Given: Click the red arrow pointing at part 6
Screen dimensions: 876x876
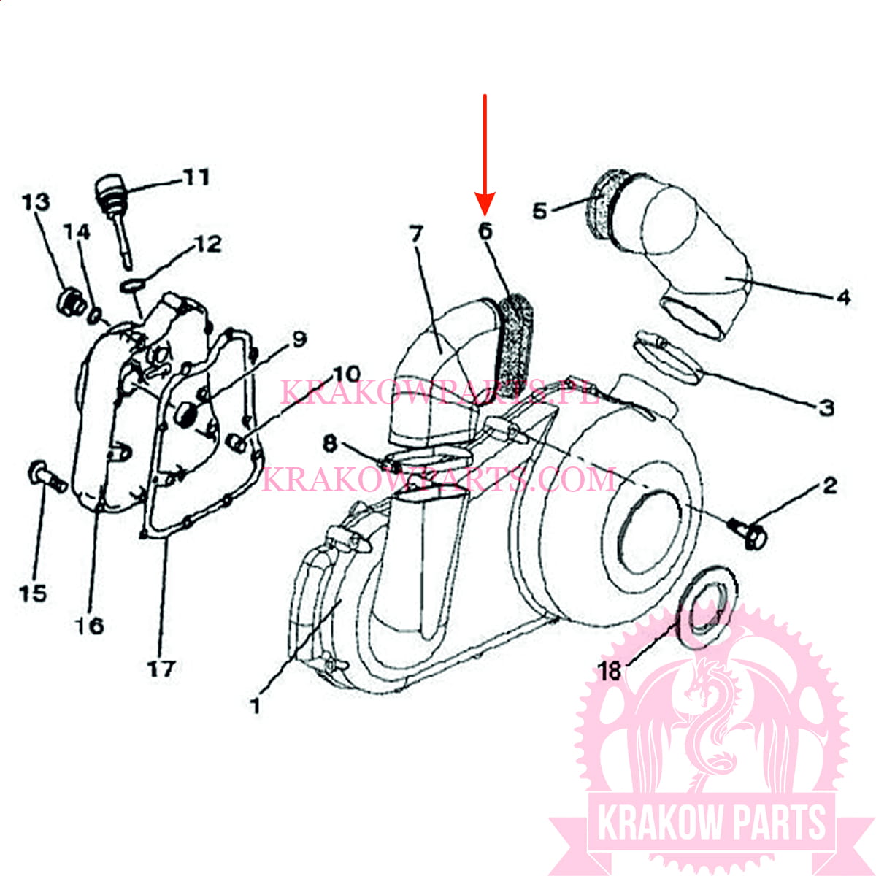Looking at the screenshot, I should click(485, 153).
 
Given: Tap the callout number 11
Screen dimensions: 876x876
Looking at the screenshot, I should click(196, 177).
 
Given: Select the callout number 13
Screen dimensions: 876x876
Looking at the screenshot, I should click(36, 202).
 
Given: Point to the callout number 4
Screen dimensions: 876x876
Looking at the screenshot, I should click(843, 297).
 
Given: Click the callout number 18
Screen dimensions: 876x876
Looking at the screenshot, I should click(610, 670).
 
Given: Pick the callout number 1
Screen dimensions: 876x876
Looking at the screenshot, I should click(255, 706).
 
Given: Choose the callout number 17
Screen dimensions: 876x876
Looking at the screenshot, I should click(161, 668).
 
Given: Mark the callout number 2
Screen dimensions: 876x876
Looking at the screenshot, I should click(830, 485).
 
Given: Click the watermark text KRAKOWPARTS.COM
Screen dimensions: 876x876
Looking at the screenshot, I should click(438, 480).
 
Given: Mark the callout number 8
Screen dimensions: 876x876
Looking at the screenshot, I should click(331, 443).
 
